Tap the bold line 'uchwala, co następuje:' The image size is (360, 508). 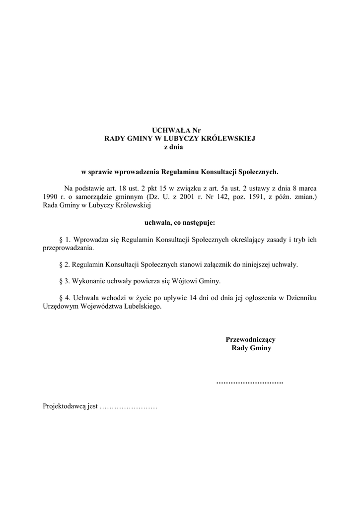(180, 223)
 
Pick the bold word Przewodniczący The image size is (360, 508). (251, 340)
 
